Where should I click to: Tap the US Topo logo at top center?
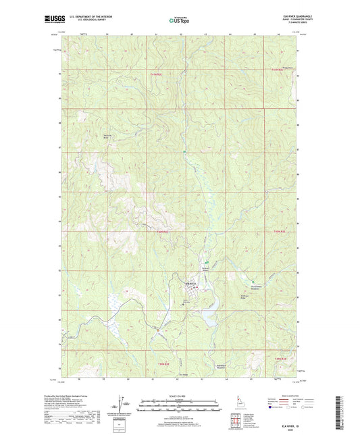pos(179,20)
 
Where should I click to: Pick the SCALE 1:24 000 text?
pos(179,396)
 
